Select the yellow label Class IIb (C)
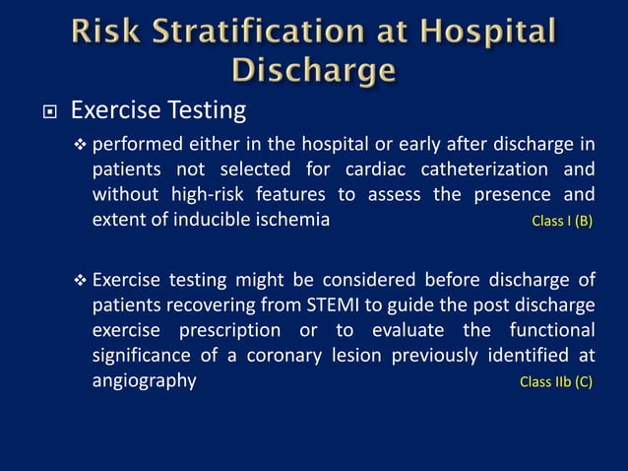(x=556, y=382)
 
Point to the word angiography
(x=145, y=380)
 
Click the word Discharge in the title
(x=314, y=71)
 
